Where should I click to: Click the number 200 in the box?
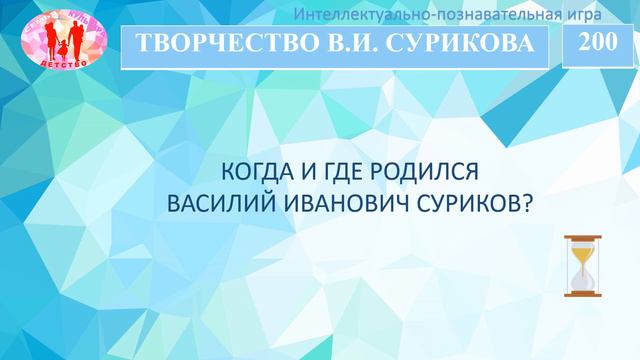click(598, 41)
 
